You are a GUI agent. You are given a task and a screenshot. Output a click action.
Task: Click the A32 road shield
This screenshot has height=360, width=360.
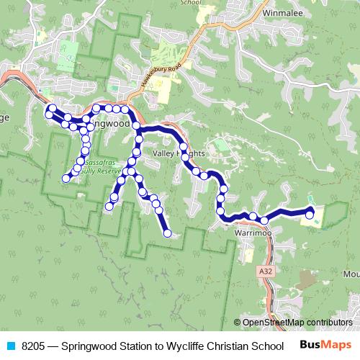tap(265, 271)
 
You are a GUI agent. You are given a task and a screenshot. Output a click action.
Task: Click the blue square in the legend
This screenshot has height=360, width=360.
tap(11, 346)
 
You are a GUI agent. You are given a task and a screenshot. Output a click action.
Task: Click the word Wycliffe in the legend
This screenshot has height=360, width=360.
tap(181, 346)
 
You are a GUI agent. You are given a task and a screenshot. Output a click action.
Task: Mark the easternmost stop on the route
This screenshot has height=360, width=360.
tap(310, 212)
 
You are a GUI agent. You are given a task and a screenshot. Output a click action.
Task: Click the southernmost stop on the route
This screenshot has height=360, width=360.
tap(168, 233)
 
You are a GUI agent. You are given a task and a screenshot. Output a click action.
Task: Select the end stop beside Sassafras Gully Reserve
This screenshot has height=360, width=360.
tap(66, 179)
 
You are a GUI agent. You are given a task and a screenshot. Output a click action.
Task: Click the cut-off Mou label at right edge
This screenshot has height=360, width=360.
tap(351, 274)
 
